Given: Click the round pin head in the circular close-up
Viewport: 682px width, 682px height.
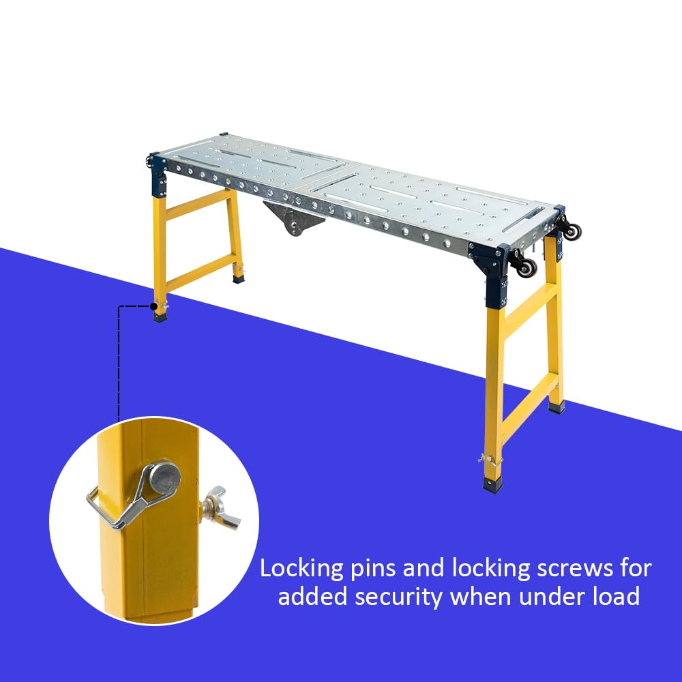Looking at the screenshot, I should pyautogui.click(x=164, y=478).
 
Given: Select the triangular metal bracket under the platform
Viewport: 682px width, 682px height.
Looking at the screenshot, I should pyautogui.click(x=294, y=220).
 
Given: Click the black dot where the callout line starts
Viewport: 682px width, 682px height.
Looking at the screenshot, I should pyautogui.click(x=153, y=306).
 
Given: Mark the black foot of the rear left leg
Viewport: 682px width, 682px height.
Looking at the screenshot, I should pyautogui.click(x=238, y=277).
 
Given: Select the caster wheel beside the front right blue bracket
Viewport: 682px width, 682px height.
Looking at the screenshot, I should pyautogui.click(x=527, y=266).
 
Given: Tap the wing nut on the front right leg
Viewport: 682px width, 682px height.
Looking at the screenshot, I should pyautogui.click(x=484, y=458).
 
